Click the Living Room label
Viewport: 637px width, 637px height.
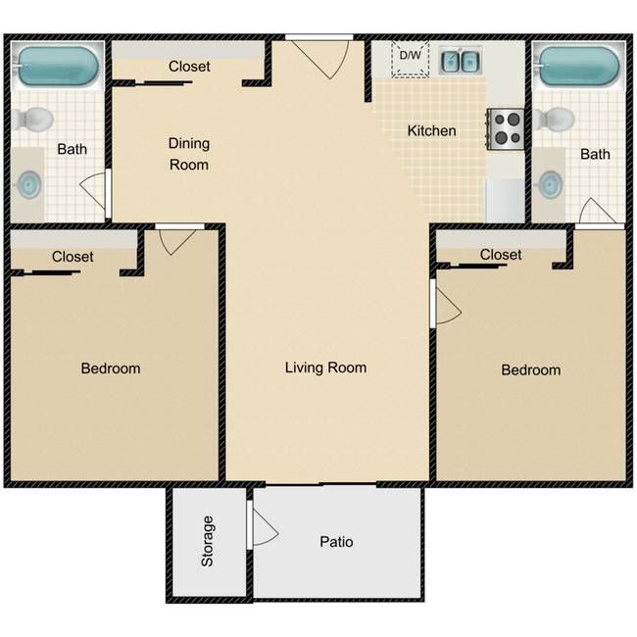point(325,367)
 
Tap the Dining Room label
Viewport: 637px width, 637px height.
point(189,154)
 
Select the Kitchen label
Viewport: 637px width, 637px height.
point(431,130)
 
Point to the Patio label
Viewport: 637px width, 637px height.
point(336,541)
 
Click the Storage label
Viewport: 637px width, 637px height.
point(208,541)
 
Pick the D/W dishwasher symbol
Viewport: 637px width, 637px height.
point(410,58)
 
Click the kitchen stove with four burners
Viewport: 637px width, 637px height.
point(507,127)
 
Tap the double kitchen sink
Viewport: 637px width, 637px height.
point(458,62)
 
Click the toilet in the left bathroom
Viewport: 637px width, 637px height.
point(36,118)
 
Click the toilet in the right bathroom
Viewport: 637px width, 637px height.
point(556,118)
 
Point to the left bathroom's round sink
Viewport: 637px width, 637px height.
point(31,183)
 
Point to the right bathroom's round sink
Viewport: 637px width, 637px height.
point(552,182)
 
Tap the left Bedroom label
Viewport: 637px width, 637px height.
point(110,368)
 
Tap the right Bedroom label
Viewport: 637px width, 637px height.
point(530,369)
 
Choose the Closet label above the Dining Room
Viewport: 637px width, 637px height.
point(189,67)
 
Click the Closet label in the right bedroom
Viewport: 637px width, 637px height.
point(501,254)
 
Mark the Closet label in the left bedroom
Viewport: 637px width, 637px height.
point(73,256)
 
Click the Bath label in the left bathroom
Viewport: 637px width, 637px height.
point(72,149)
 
